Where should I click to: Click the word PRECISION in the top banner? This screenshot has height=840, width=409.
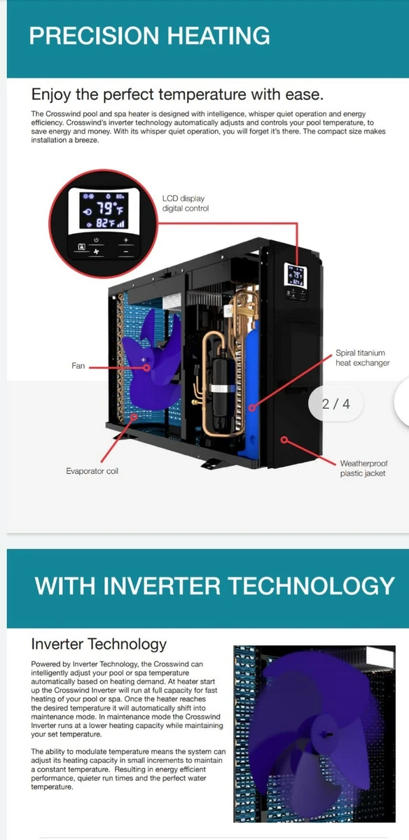[94, 36]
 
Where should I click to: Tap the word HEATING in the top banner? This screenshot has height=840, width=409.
[219, 36]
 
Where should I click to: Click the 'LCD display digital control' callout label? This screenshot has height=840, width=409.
[186, 203]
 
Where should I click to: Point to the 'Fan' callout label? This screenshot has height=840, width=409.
[78, 365]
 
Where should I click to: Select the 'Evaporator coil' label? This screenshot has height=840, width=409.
[92, 471]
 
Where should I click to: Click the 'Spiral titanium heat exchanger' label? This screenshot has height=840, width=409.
[363, 358]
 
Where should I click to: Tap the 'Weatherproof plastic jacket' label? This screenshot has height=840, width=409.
[363, 468]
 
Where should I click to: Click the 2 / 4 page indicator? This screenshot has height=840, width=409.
[336, 403]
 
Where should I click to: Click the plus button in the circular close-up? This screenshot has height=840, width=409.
[125, 239]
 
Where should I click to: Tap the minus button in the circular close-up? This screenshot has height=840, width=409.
[125, 251]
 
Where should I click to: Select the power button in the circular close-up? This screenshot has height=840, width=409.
[97, 239]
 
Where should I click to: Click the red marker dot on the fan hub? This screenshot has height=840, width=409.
[147, 367]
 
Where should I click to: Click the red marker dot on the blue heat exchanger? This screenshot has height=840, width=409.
[252, 407]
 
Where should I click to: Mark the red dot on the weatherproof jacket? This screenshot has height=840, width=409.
[284, 440]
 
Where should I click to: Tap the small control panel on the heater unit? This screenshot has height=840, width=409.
[296, 281]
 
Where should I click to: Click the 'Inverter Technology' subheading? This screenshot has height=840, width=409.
[99, 644]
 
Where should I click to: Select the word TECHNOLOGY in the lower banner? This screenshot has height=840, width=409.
[311, 586]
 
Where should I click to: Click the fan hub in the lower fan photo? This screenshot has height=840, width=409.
[324, 734]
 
